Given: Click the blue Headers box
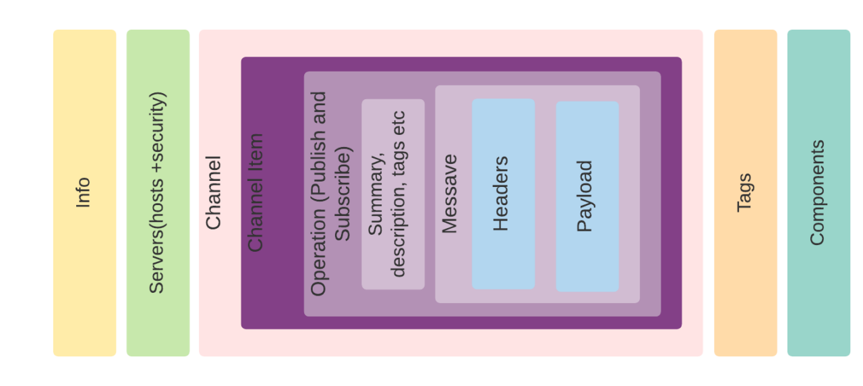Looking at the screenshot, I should [503, 256].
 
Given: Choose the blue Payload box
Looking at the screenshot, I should [587, 263].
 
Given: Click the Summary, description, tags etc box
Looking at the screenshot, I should [393, 194].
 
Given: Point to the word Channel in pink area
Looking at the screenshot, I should [213, 193].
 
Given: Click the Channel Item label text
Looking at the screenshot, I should [256, 193].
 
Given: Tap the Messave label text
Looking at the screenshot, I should [449, 194].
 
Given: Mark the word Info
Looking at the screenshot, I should [83, 192].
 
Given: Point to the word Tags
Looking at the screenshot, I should [744, 193].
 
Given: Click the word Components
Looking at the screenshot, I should [817, 193].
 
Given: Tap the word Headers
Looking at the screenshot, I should [501, 194].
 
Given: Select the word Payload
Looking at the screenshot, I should [585, 196].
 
